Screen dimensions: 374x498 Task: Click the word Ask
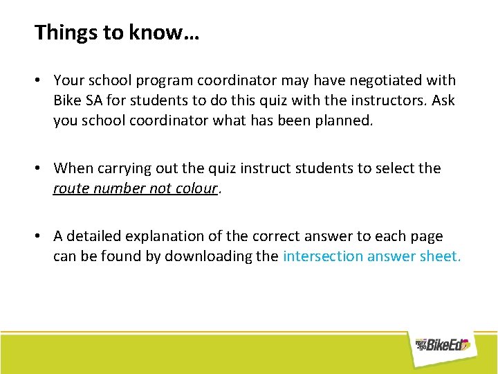[443, 100]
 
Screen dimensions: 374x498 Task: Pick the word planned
[342, 120]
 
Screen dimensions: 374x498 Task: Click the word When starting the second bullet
[73, 168]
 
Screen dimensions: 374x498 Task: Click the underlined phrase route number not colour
[136, 188]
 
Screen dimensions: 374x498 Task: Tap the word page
[426, 236]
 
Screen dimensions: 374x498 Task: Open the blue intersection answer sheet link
[371, 256]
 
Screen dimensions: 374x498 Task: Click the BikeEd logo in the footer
[442, 344]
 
